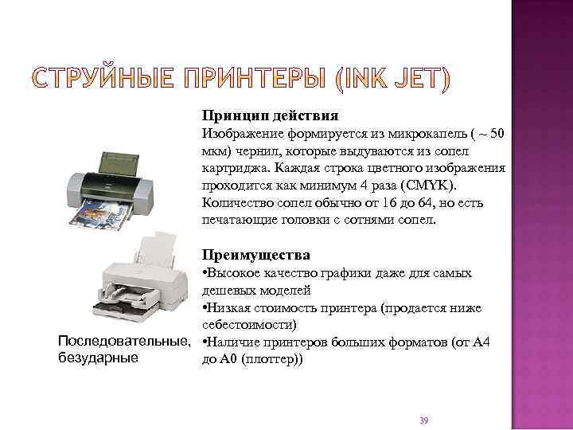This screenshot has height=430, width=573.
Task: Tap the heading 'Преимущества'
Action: point(255,255)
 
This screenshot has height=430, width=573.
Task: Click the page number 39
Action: point(423,420)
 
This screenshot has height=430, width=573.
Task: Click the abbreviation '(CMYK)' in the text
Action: point(428,186)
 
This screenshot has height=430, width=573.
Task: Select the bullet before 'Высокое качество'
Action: point(205,274)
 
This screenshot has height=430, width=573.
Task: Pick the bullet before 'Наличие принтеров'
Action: point(205,343)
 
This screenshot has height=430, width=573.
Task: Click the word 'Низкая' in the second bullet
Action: point(228,308)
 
